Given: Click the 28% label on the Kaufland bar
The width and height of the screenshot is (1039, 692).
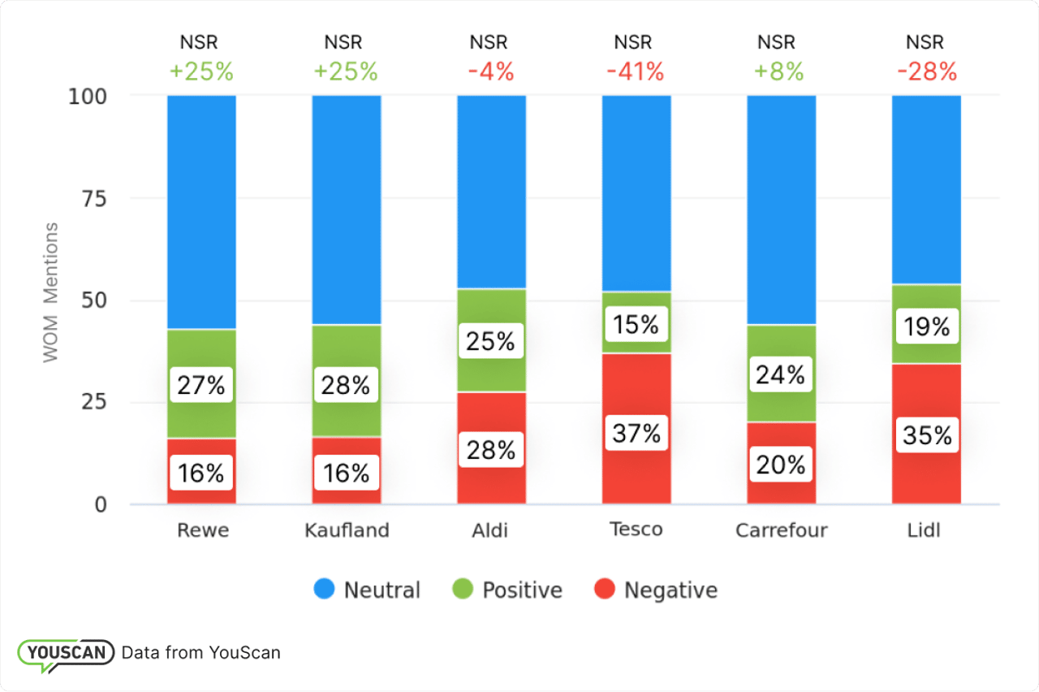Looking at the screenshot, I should tap(346, 385).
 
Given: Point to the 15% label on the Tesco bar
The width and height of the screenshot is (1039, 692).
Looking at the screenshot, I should tap(636, 325).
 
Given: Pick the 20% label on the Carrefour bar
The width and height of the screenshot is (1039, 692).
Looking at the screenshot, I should tap(781, 465).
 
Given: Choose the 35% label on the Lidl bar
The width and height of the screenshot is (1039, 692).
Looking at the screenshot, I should tap(926, 435).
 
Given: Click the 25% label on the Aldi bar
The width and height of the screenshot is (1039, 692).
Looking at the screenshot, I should tap(491, 342).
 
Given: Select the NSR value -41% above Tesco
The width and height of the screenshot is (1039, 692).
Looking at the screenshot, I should tap(636, 72).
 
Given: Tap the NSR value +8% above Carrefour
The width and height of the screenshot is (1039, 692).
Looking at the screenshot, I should tap(779, 72).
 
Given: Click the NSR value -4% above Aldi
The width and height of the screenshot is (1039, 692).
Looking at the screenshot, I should tap(491, 72).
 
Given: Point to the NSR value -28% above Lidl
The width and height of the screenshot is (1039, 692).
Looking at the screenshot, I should tap(927, 72).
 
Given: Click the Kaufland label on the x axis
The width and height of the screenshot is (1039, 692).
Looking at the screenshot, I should tap(347, 530).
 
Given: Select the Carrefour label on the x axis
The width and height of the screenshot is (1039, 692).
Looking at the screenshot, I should tap(781, 530).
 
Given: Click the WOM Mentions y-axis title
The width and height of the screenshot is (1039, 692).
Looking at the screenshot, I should tap(51, 292).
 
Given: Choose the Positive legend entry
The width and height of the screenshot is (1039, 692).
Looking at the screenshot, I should tap(522, 590).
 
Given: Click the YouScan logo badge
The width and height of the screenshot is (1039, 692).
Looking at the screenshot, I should tap(66, 653).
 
